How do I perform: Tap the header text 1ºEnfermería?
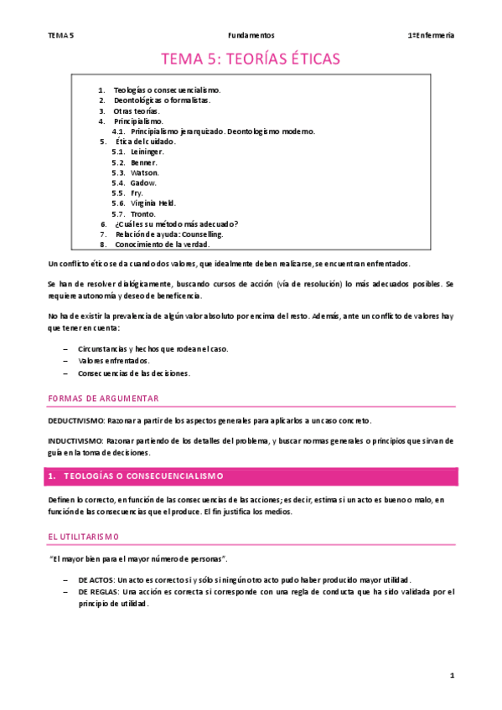[431, 35]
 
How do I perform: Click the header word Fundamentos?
[251, 35]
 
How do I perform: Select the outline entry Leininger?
[147, 152]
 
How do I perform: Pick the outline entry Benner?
[143, 162]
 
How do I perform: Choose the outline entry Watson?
[144, 172]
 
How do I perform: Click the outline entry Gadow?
[143, 183]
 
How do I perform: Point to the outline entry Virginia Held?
[153, 203]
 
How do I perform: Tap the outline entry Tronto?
[143, 214]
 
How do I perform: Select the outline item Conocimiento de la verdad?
[162, 244]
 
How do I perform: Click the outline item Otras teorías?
[136, 111]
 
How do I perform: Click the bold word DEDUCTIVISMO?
[75, 420]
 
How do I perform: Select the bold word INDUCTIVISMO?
[75, 440]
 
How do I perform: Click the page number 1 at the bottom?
[451, 675]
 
